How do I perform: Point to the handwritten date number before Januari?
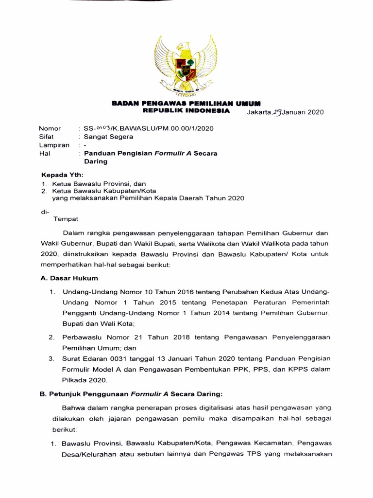coord(276,111)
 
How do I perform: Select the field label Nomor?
coord(50,128)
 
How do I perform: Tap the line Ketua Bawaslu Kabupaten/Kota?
coord(107,191)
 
